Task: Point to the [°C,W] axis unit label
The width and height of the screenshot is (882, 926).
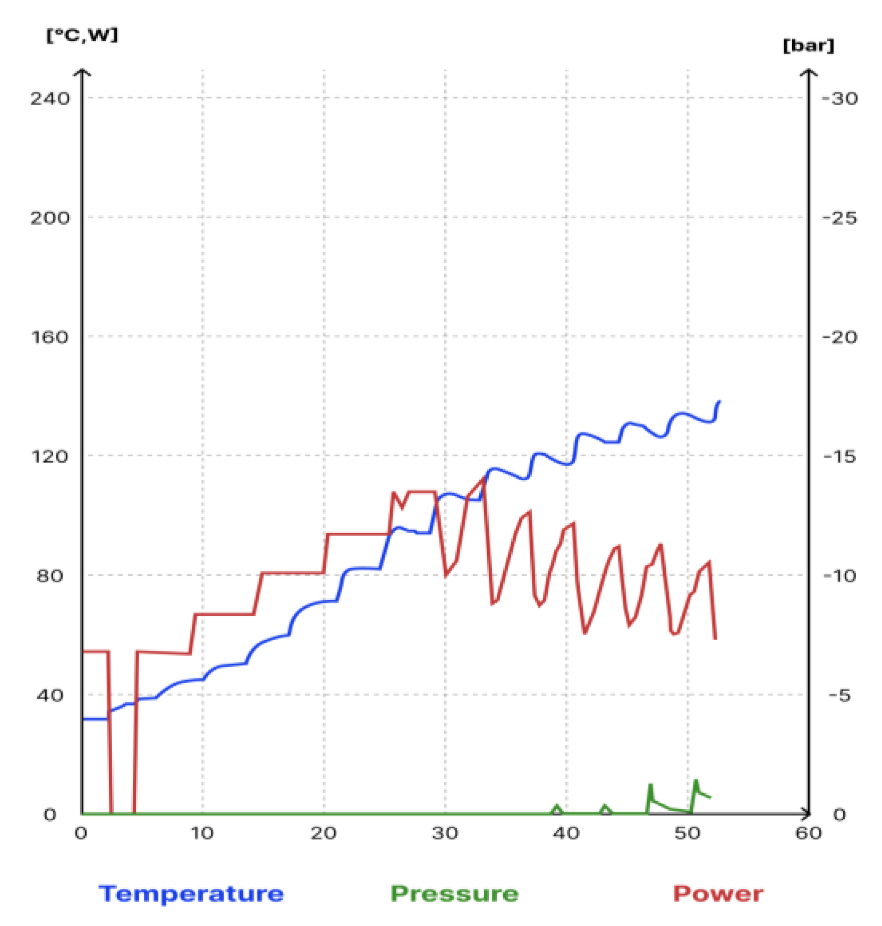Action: point(82,36)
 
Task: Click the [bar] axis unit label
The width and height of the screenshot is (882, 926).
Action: point(808,46)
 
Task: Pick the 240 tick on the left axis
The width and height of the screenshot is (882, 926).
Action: point(49,98)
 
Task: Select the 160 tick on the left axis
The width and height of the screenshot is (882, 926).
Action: point(49,337)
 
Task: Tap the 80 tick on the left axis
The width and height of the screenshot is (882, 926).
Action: point(49,575)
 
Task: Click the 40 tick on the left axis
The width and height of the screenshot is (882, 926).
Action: point(49,695)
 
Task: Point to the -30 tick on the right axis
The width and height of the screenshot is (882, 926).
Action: point(839,98)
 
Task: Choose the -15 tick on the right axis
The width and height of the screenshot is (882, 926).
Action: point(839,456)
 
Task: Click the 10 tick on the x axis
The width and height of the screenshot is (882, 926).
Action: point(202,832)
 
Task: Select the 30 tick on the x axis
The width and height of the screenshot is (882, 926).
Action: point(445,832)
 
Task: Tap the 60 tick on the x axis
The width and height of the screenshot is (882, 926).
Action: point(808,832)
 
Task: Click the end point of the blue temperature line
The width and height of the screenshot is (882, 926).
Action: point(719,402)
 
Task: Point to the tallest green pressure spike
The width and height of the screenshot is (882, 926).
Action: point(696,781)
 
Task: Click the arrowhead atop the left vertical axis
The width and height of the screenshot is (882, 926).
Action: point(82,72)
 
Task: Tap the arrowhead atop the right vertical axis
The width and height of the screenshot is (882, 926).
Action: point(809,72)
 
